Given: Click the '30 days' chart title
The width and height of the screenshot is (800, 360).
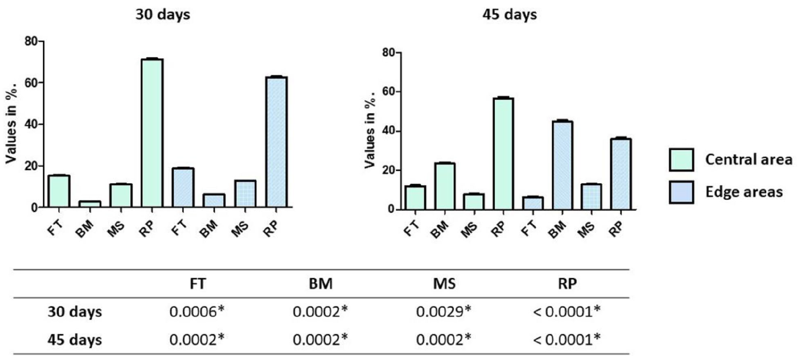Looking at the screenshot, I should pos(163,15).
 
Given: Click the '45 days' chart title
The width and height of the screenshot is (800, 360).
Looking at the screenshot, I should pos(509,15).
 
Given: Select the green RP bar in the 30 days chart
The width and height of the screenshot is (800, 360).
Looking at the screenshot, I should pos(152,133).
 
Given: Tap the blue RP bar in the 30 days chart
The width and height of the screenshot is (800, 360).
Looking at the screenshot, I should pos(276,142).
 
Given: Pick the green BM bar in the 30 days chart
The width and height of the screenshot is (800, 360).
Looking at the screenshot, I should pos(90,204).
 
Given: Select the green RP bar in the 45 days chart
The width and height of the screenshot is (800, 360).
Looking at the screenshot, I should pos(503,154).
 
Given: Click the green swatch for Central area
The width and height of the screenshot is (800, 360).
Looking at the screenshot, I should pos(681,160).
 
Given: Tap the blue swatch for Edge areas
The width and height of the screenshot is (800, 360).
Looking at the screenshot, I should pos(681,192).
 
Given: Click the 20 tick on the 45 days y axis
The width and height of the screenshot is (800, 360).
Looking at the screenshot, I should pos(388,170).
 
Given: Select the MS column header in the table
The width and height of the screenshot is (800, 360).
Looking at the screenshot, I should pos(444,283).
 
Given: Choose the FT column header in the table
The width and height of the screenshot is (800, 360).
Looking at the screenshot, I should pos(197,283).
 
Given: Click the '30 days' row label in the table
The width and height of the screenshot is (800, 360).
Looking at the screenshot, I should pos(75,312).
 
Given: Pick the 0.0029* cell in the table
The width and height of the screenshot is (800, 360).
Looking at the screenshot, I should pos(444,312).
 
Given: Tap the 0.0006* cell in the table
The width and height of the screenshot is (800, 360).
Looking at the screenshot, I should pos(197,312).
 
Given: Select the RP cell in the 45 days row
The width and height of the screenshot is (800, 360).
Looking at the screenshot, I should pos(566,340).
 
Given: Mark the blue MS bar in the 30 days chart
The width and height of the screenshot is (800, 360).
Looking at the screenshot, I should pos(245,193).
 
